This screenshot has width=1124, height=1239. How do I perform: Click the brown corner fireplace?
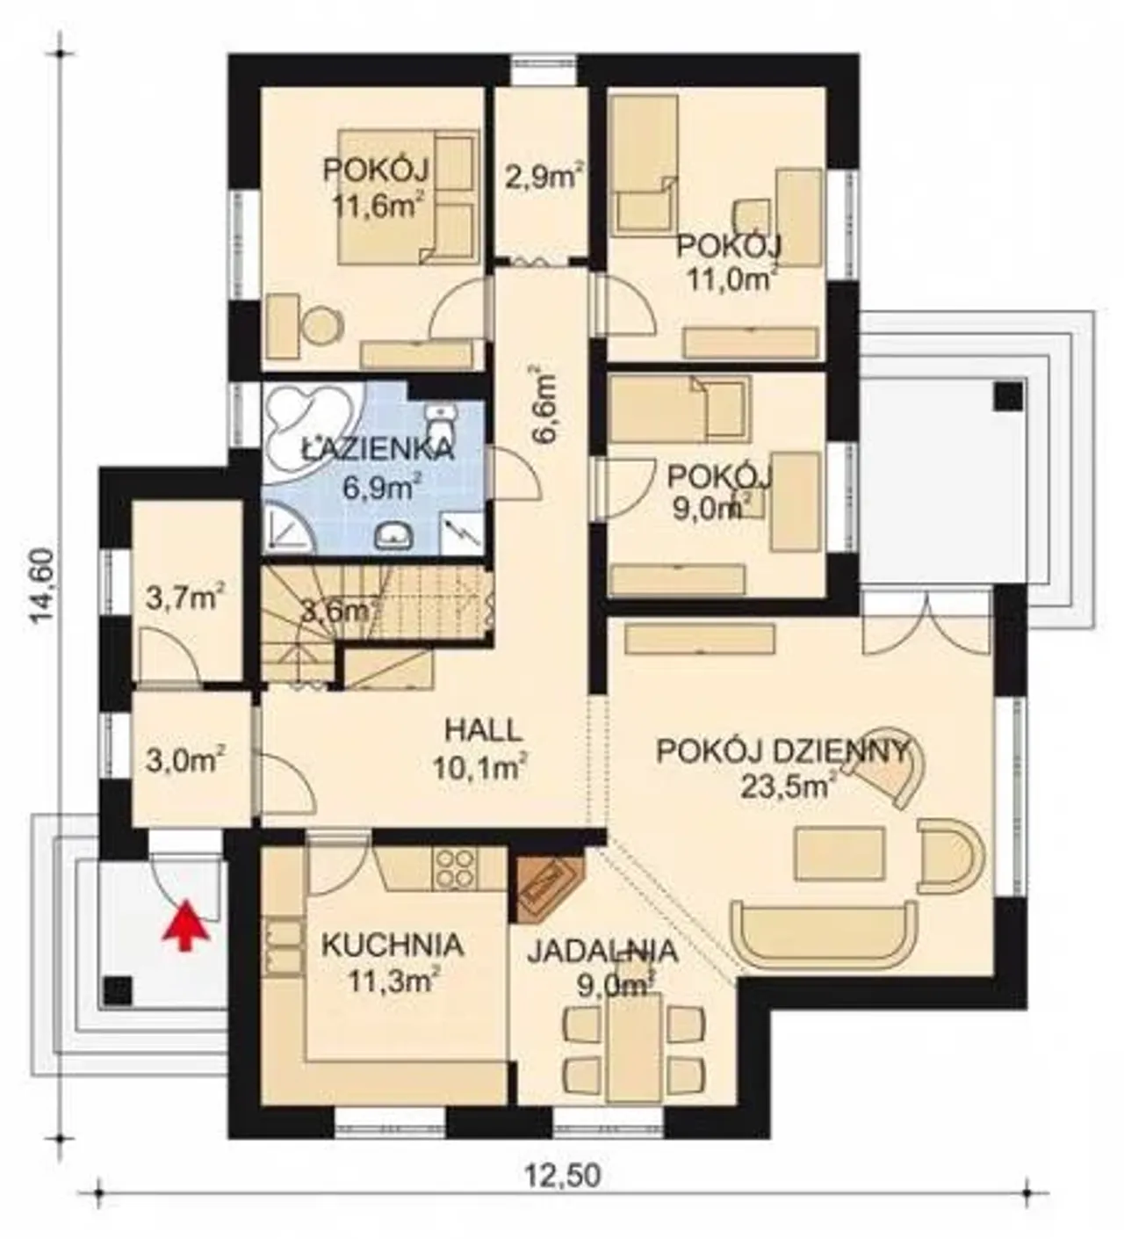[x=541, y=888]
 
